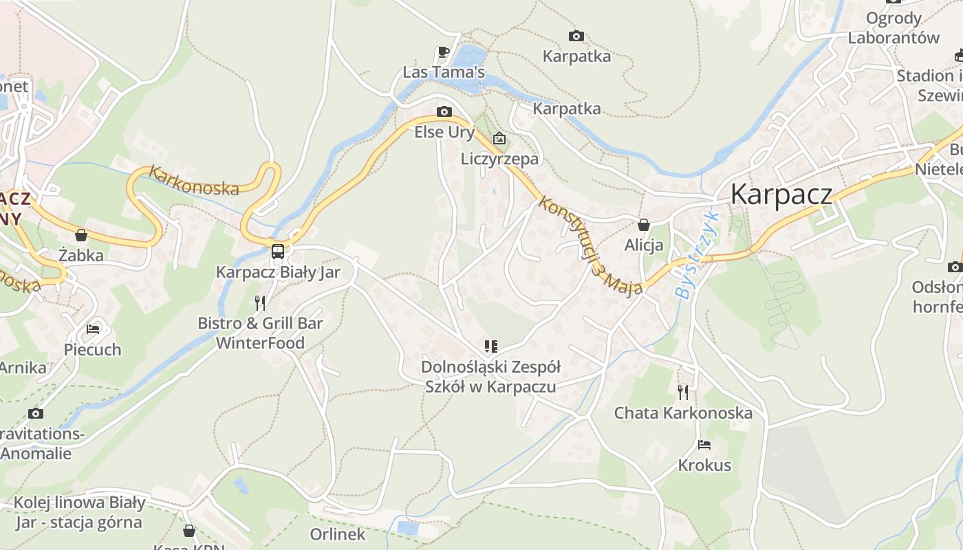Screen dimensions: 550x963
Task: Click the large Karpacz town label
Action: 781,195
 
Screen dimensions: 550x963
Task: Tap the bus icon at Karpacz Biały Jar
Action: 278,251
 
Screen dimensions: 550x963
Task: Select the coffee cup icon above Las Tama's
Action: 444,52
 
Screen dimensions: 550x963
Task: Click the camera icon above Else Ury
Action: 444,111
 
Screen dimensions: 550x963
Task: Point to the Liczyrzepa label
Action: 499,159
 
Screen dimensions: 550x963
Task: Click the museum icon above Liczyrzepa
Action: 499,139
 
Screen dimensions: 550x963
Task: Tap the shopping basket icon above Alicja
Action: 644,225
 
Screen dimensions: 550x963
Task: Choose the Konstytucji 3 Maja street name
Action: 591,245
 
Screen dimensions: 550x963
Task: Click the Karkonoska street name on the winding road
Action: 194,180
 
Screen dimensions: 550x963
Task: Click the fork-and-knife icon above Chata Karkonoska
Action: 682,393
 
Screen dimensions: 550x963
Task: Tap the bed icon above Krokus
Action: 704,445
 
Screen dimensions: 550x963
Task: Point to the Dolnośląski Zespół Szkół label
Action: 490,376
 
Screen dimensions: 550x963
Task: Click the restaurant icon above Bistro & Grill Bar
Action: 260,302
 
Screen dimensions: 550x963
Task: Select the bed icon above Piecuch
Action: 93,329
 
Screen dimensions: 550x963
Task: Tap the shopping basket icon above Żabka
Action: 81,235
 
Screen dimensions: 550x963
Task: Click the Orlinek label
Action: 338,533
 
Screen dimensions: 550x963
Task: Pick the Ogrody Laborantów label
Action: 894,27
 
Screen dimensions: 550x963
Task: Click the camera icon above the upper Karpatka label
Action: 576,36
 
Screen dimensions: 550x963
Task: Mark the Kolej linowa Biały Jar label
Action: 79,512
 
